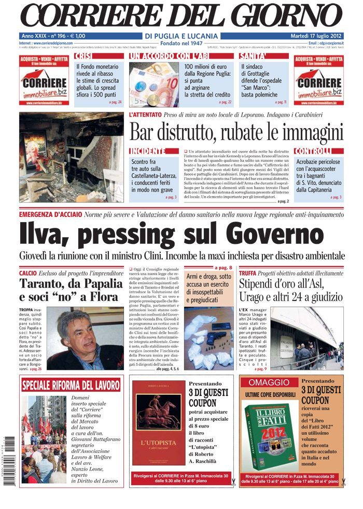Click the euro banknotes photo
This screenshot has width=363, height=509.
[153, 84]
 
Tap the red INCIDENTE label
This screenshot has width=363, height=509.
[148, 151]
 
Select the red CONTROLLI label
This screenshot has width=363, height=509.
[312, 151]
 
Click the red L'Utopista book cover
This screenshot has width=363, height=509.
[158, 423]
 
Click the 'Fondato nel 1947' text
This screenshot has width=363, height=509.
[181, 43]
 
